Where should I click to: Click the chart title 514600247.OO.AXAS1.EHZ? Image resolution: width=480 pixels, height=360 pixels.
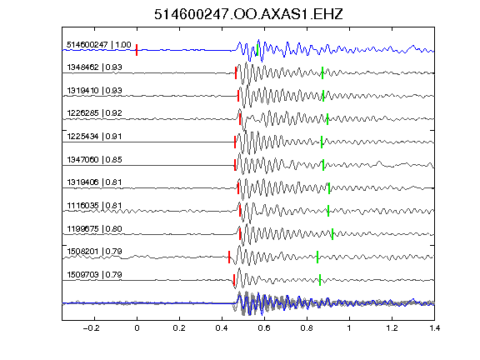pyautogui.click(x=248, y=14)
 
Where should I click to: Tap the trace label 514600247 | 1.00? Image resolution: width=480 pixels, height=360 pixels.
pyautogui.click(x=99, y=45)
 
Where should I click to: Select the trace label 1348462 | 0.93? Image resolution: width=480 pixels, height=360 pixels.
pyautogui.click(x=95, y=67)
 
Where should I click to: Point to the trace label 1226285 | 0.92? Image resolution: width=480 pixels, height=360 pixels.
pyautogui.click(x=95, y=113)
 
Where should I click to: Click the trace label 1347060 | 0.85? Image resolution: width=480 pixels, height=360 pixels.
pyautogui.click(x=95, y=159)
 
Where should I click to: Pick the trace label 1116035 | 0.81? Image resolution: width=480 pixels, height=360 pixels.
pyautogui.click(x=95, y=205)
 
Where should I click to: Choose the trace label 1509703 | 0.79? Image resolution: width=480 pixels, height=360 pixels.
pyautogui.click(x=95, y=275)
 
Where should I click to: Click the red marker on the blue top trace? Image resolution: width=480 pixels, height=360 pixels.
pyautogui.click(x=137, y=50)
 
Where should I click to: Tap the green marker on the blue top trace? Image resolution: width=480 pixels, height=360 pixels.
pyautogui.click(x=257, y=50)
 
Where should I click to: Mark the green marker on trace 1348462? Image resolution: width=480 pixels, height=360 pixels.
pyautogui.click(x=322, y=72)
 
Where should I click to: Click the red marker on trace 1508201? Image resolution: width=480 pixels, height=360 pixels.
pyautogui.click(x=229, y=257)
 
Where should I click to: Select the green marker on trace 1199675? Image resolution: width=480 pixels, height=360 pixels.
pyautogui.click(x=332, y=234)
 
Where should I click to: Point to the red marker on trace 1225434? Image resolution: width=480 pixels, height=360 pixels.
pyautogui.click(x=235, y=142)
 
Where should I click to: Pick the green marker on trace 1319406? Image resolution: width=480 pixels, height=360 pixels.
pyautogui.click(x=329, y=188)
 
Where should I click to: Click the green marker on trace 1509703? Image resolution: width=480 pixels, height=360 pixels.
pyautogui.click(x=320, y=280)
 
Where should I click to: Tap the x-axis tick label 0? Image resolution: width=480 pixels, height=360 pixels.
pyautogui.click(x=137, y=328)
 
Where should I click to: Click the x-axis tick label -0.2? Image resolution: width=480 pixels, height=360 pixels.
pyautogui.click(x=92, y=328)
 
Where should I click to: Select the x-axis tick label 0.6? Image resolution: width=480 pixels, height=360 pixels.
pyautogui.click(x=264, y=328)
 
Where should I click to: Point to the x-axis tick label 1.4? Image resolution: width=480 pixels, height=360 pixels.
pyautogui.click(x=434, y=328)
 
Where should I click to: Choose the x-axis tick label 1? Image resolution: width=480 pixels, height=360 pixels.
pyautogui.click(x=349, y=328)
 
